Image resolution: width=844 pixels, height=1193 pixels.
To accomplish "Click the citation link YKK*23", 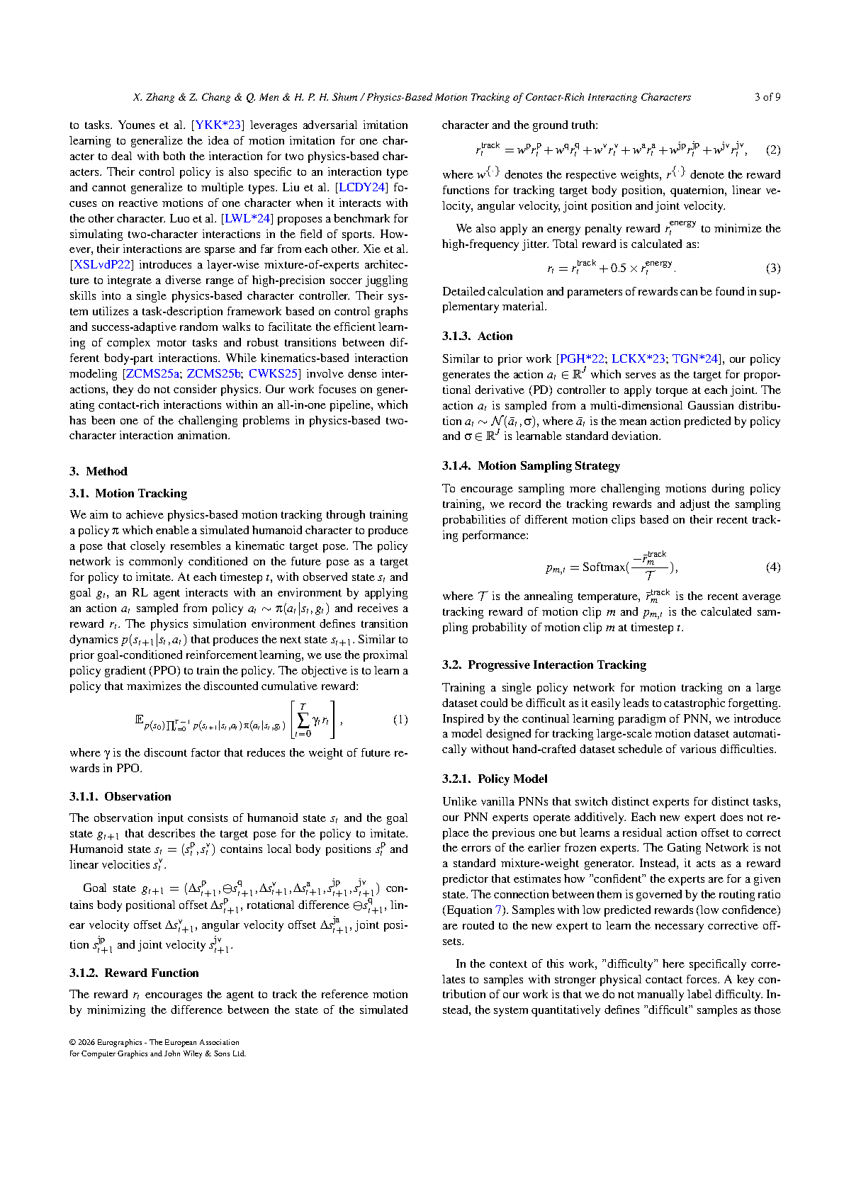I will click(x=218, y=125).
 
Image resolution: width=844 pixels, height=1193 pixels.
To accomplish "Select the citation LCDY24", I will click(x=361, y=188).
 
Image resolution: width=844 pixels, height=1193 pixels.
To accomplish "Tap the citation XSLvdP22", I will click(x=102, y=265).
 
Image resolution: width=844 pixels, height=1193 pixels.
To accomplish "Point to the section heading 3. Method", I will click(x=98, y=471).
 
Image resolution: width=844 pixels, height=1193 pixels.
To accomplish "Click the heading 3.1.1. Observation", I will click(x=120, y=796).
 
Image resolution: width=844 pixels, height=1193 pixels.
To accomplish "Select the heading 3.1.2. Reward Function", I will click(x=134, y=973).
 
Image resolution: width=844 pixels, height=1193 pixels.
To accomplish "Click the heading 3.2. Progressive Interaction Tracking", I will click(x=544, y=665).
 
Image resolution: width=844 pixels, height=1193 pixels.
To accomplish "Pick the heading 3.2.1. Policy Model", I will click(x=495, y=779).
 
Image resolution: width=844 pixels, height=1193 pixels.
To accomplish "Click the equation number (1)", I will click(x=400, y=720).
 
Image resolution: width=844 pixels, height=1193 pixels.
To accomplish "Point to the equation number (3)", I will click(x=773, y=268).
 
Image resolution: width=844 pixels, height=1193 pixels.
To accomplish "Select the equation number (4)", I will click(x=773, y=567).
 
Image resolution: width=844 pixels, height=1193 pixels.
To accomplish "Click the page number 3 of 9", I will click(x=767, y=97).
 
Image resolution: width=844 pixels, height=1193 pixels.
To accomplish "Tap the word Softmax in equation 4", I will click(x=603, y=567).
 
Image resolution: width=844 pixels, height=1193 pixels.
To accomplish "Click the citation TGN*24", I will click(x=695, y=359).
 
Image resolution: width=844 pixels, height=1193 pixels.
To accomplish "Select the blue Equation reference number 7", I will click(x=499, y=910).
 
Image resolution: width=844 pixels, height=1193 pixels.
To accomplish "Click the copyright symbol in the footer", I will click(x=72, y=1042).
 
